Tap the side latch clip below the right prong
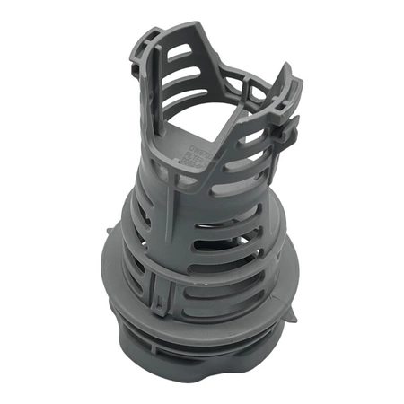[x=285, y=130]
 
